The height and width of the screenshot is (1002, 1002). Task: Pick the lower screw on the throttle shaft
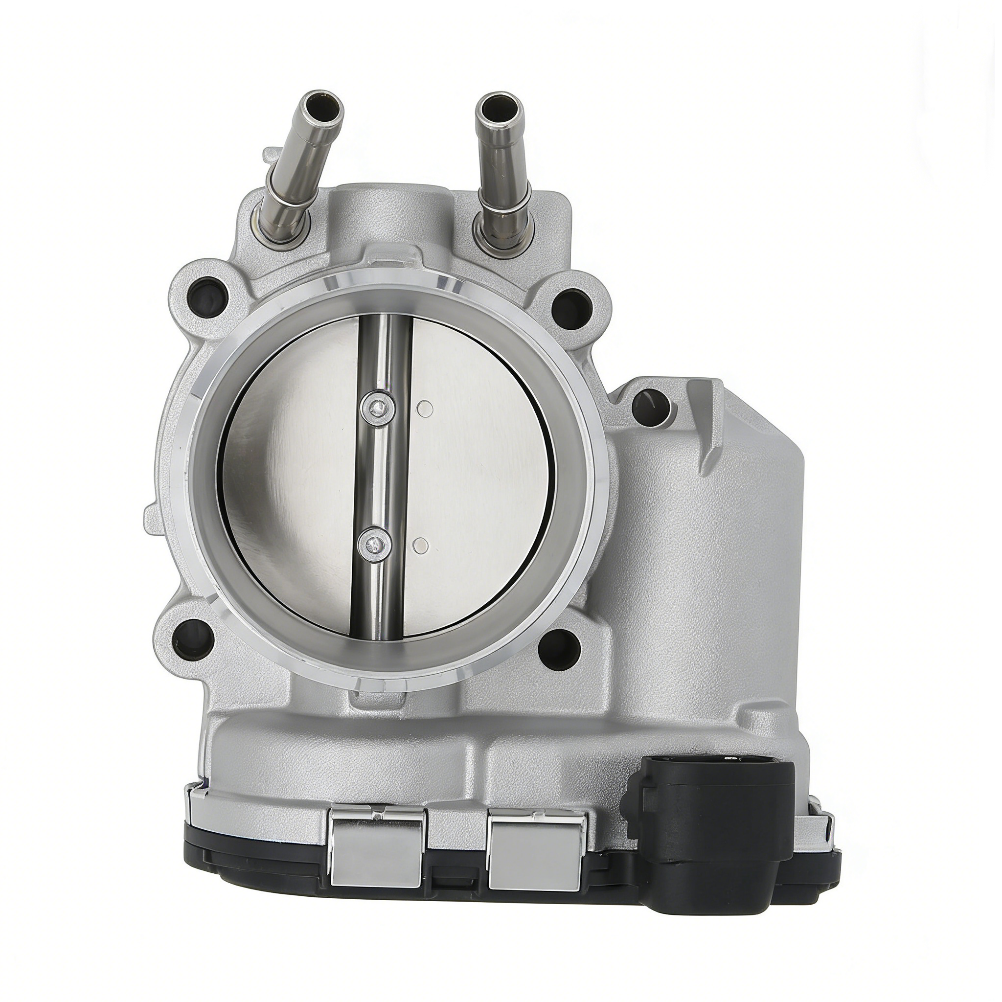(x=372, y=543)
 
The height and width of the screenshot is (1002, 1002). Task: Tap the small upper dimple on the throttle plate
(x=425, y=409)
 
